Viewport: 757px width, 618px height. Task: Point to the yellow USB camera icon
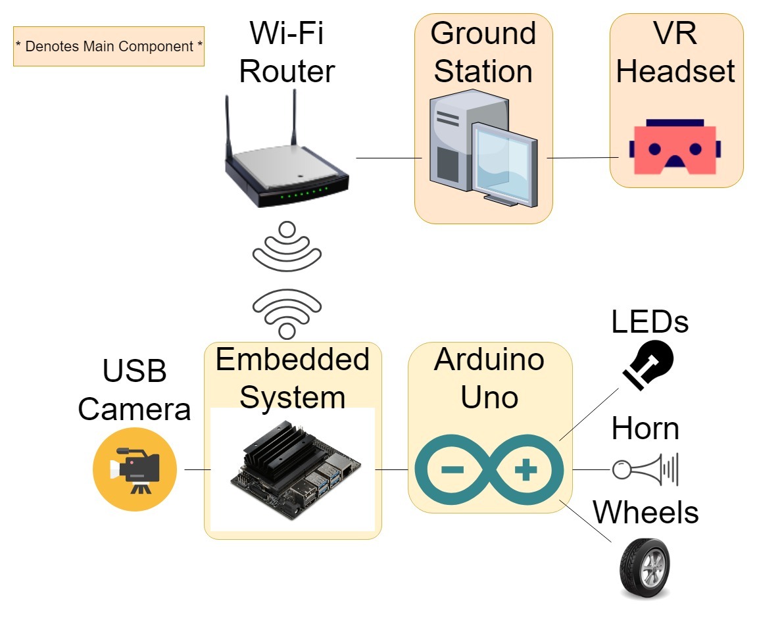[x=135, y=469]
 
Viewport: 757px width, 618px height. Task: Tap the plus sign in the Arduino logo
[x=526, y=470]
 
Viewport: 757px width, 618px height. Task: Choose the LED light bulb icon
[x=648, y=366]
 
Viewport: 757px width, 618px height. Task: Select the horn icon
[x=645, y=469]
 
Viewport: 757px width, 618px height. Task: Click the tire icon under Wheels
[x=645, y=567]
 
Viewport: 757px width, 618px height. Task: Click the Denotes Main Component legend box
[x=109, y=46]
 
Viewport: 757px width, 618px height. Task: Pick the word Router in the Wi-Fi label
[x=287, y=71]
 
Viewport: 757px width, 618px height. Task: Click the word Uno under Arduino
[x=489, y=396]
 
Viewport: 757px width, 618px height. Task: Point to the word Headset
[x=675, y=71]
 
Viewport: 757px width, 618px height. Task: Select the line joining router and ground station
[x=388, y=158]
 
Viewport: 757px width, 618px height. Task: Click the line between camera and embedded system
[x=197, y=469]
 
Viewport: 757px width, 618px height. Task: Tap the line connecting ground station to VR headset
[x=581, y=158]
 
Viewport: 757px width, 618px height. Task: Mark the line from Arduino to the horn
[x=591, y=469]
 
